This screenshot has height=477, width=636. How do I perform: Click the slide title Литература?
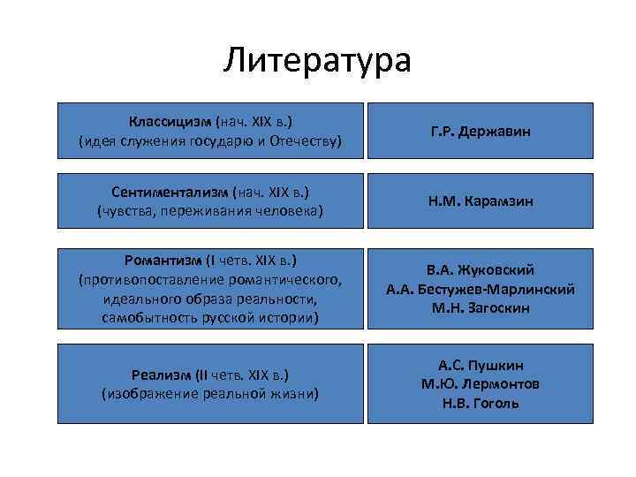click(318, 60)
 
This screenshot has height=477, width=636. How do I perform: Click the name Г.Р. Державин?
click(481, 131)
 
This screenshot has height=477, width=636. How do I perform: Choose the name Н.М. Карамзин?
click(481, 201)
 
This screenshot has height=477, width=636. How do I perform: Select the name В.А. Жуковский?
click(481, 269)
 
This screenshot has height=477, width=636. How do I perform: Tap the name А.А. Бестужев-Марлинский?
click(481, 289)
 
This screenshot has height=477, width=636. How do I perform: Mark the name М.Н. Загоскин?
click(481, 307)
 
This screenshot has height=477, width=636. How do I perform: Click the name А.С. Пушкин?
click(481, 364)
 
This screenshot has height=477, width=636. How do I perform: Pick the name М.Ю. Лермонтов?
click(481, 383)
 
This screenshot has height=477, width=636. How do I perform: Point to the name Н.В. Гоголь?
click(481, 403)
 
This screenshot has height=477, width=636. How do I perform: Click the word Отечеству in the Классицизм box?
click(304, 140)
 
